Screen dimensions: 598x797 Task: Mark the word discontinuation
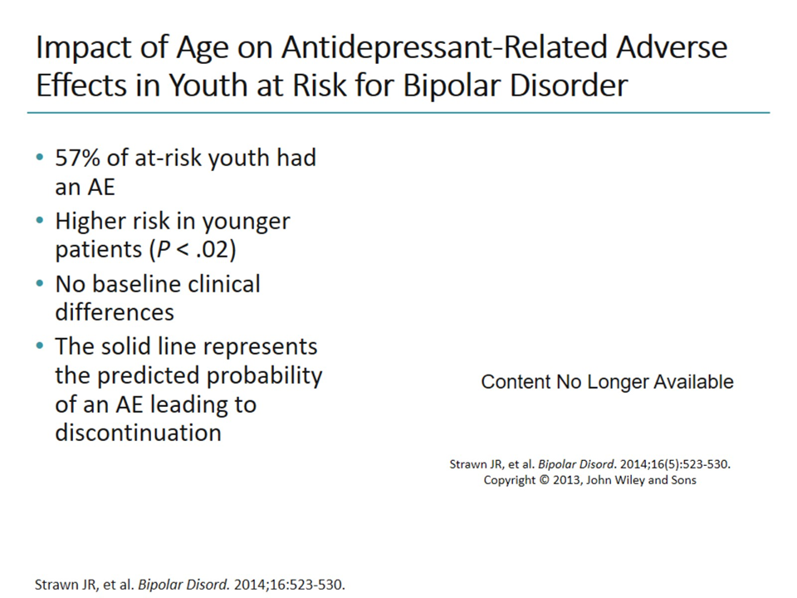[x=138, y=433]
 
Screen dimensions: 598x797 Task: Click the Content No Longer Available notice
[x=607, y=381]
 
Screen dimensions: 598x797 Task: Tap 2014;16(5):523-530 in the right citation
[x=666, y=464]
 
